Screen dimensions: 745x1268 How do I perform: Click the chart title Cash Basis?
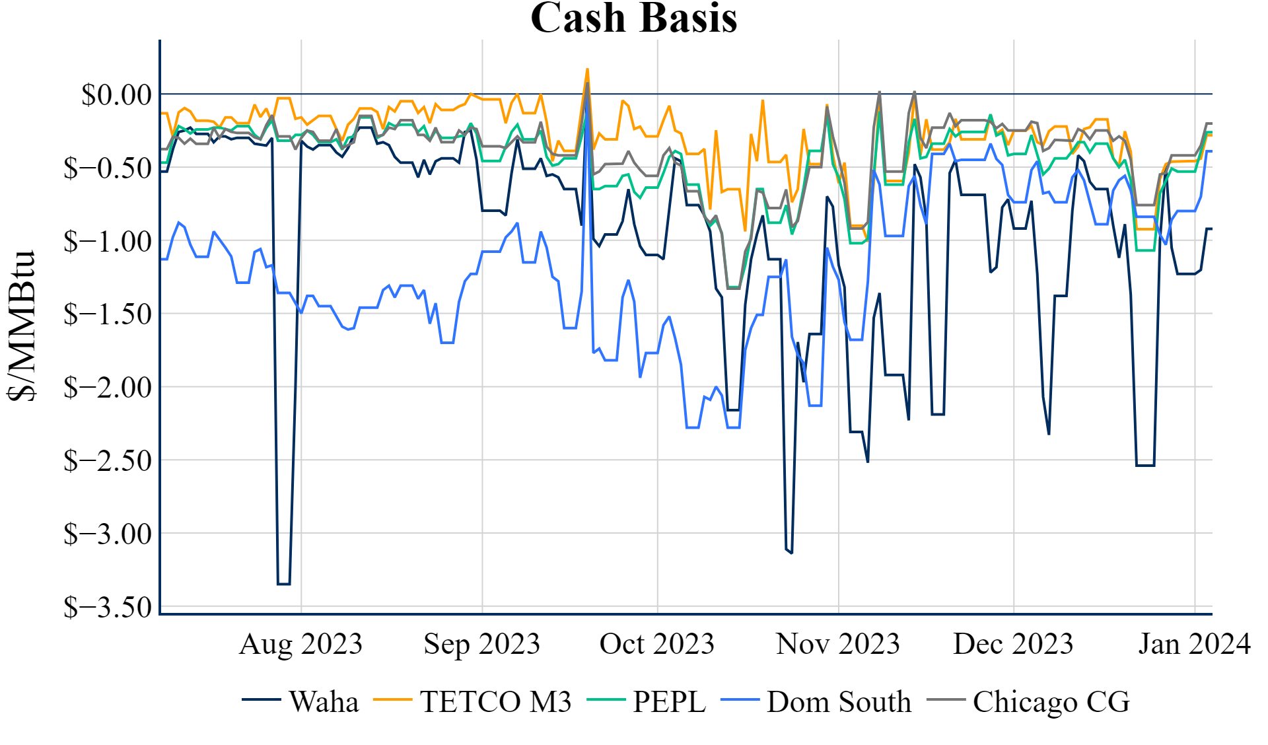pyautogui.click(x=633, y=18)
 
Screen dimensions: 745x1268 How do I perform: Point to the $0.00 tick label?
pyautogui.click(x=116, y=94)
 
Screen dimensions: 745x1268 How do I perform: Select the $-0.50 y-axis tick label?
pyautogui.click(x=108, y=168)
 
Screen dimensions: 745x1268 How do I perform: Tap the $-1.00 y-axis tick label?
pyautogui.click(x=108, y=241)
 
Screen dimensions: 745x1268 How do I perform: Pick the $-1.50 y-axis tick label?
pyautogui.click(x=108, y=314)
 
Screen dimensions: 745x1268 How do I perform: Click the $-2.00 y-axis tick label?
pyautogui.click(x=108, y=387)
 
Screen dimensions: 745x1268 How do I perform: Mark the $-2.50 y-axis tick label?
pyautogui.click(x=108, y=460)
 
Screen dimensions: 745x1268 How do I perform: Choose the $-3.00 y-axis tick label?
pyautogui.click(x=108, y=534)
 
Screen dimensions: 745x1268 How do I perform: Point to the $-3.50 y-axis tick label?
pyautogui.click(x=108, y=606)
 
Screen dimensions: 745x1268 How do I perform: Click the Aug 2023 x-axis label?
pyautogui.click(x=301, y=644)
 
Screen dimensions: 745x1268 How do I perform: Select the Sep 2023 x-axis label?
pyautogui.click(x=482, y=644)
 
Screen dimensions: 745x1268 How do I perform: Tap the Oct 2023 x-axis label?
pyautogui.click(x=657, y=644)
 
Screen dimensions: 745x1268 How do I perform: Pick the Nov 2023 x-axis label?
pyautogui.click(x=838, y=644)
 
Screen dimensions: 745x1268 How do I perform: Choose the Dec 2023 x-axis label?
pyautogui.click(x=1013, y=644)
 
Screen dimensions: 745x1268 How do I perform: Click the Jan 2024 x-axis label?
pyautogui.click(x=1194, y=644)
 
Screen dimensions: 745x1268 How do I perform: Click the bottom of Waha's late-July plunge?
pyautogui.click(x=284, y=584)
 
